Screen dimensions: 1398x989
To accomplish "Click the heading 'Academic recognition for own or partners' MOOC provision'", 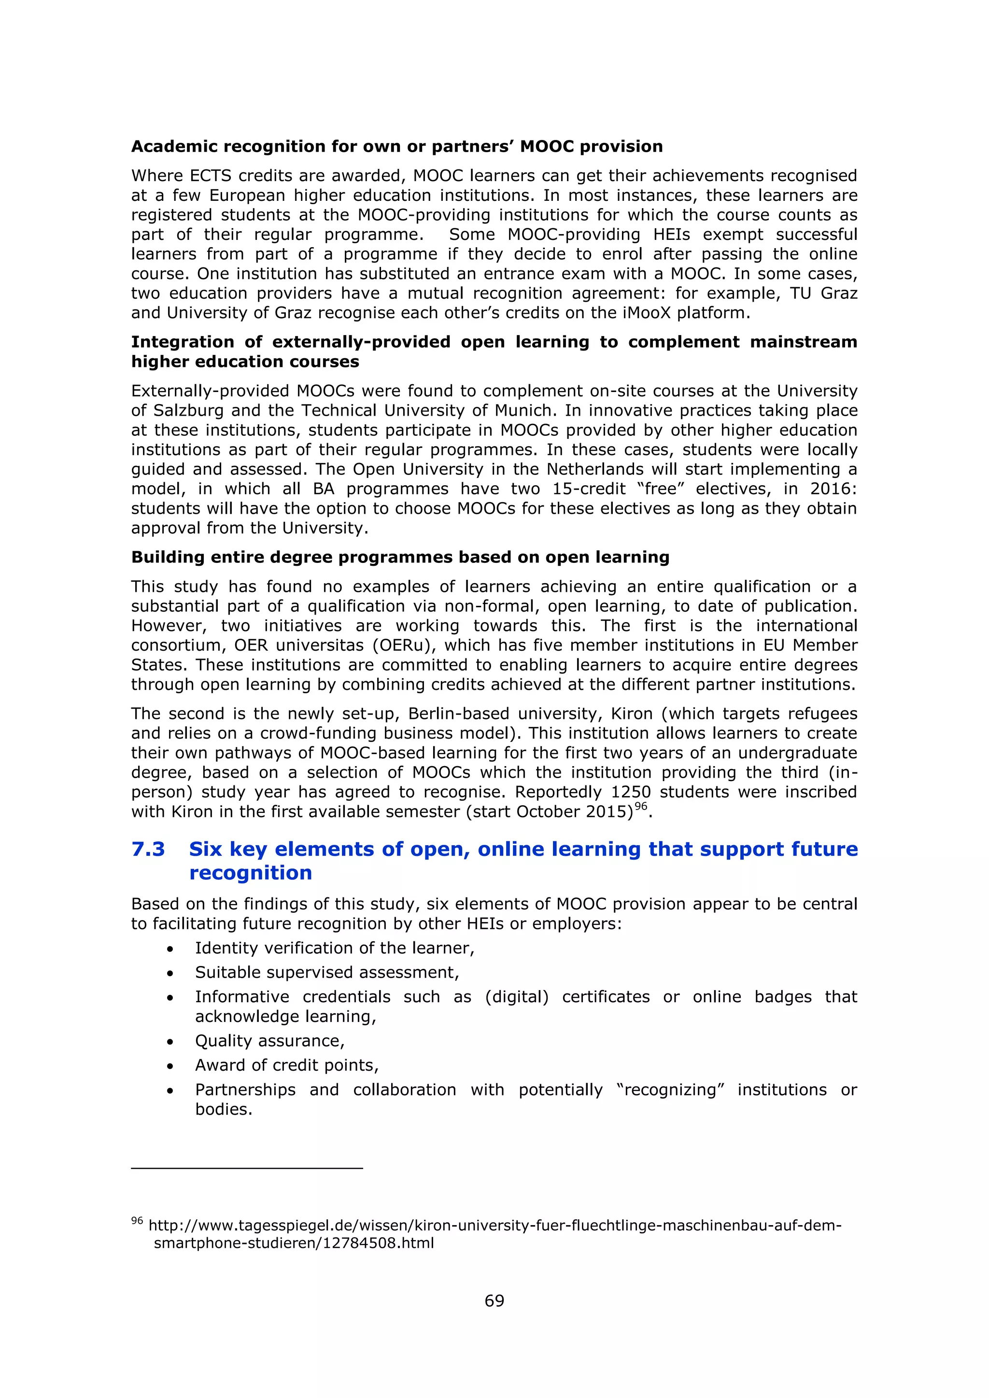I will [x=397, y=146].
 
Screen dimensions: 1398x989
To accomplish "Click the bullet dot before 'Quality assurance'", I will [x=170, y=1042].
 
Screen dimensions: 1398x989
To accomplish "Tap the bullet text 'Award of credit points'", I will [x=286, y=1065].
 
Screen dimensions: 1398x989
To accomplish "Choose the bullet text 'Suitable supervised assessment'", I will [x=326, y=972].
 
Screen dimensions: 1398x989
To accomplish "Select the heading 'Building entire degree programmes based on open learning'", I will [x=400, y=557].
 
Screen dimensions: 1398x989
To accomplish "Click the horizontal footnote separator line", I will [x=247, y=1168].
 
